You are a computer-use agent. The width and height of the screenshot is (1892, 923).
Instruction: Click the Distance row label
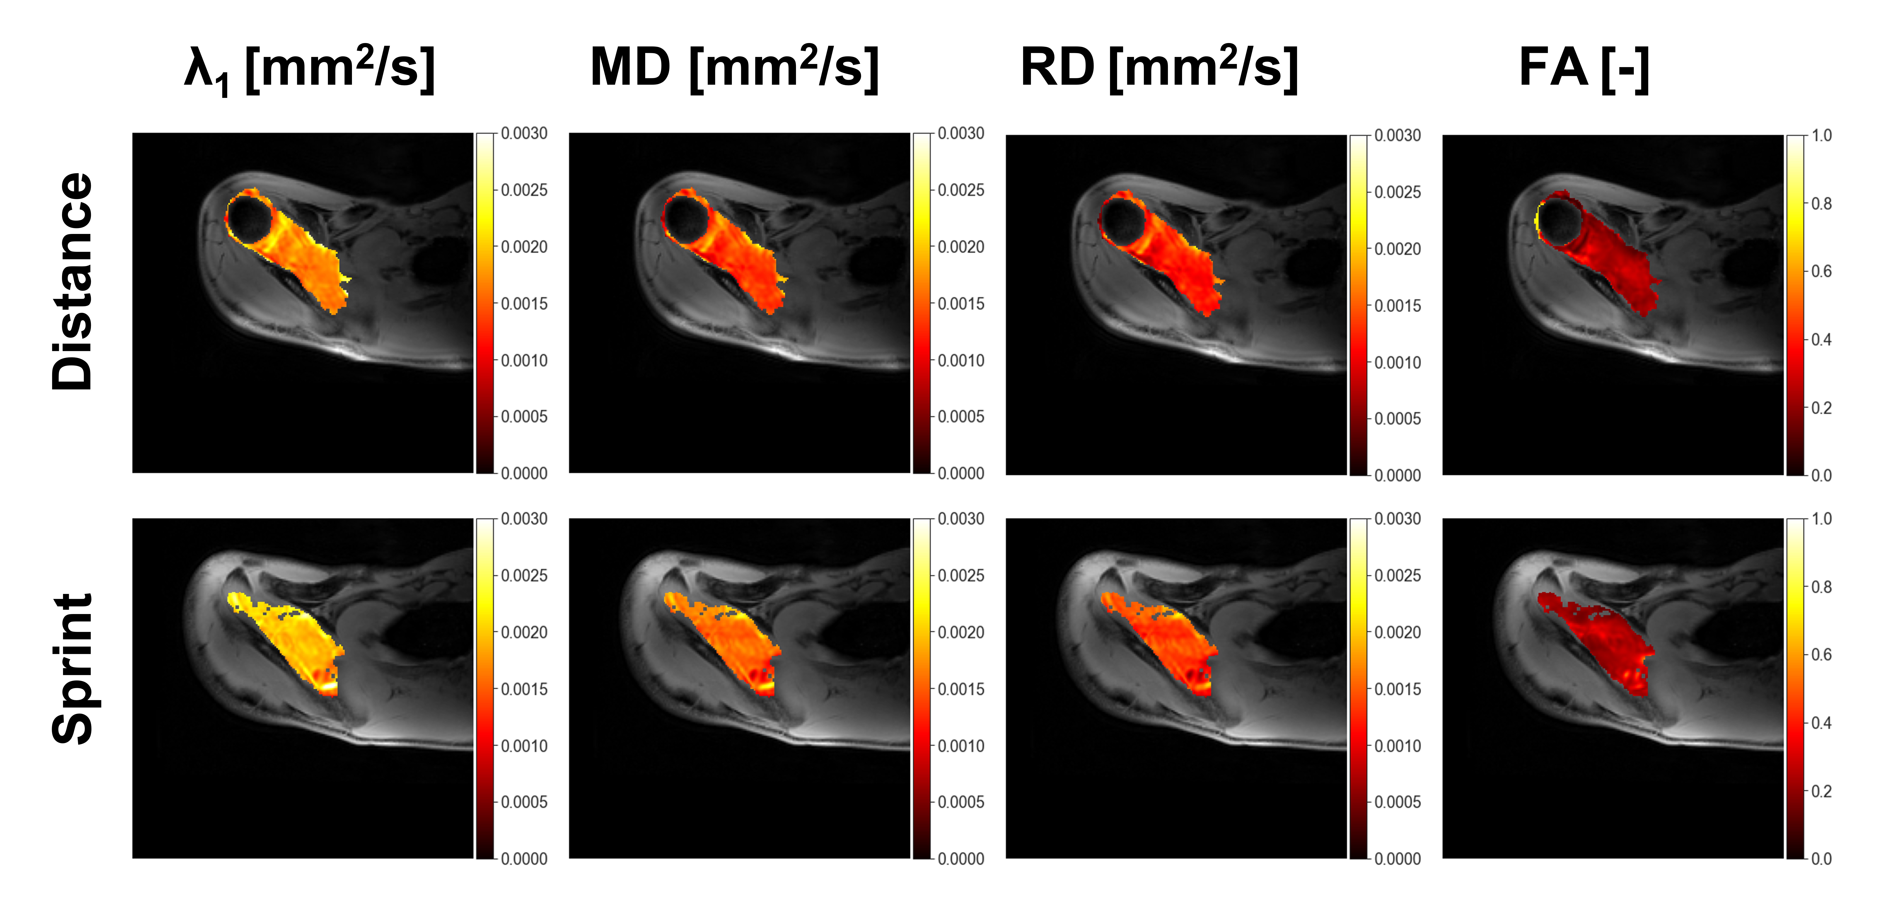[x=72, y=281]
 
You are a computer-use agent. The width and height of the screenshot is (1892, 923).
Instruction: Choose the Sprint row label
[x=72, y=668]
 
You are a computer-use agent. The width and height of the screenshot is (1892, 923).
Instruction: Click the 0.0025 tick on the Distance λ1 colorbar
[x=524, y=190]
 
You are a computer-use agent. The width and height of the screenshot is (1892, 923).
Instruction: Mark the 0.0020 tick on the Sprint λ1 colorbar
[x=524, y=632]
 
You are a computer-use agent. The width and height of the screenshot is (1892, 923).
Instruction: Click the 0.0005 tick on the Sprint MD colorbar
[x=961, y=802]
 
